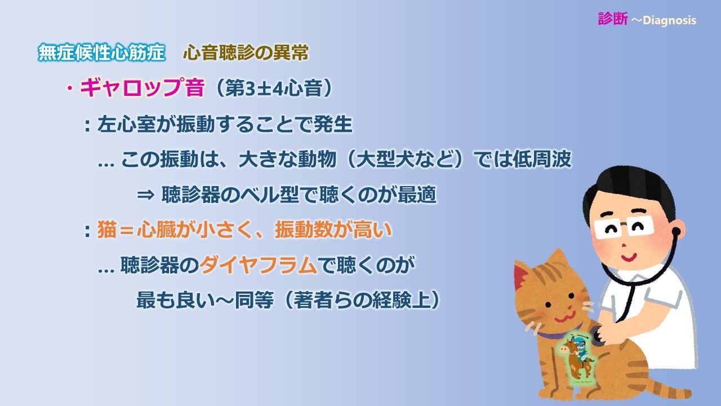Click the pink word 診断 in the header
613,19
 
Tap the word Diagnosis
670,20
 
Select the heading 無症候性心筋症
102,52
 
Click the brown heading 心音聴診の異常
246,52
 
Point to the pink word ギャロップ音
142,87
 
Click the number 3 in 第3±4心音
250,89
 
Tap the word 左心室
127,124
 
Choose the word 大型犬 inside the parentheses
385,159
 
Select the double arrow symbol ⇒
145,195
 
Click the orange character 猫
107,230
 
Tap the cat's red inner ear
521,276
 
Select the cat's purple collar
558,334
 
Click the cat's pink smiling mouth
565,317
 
